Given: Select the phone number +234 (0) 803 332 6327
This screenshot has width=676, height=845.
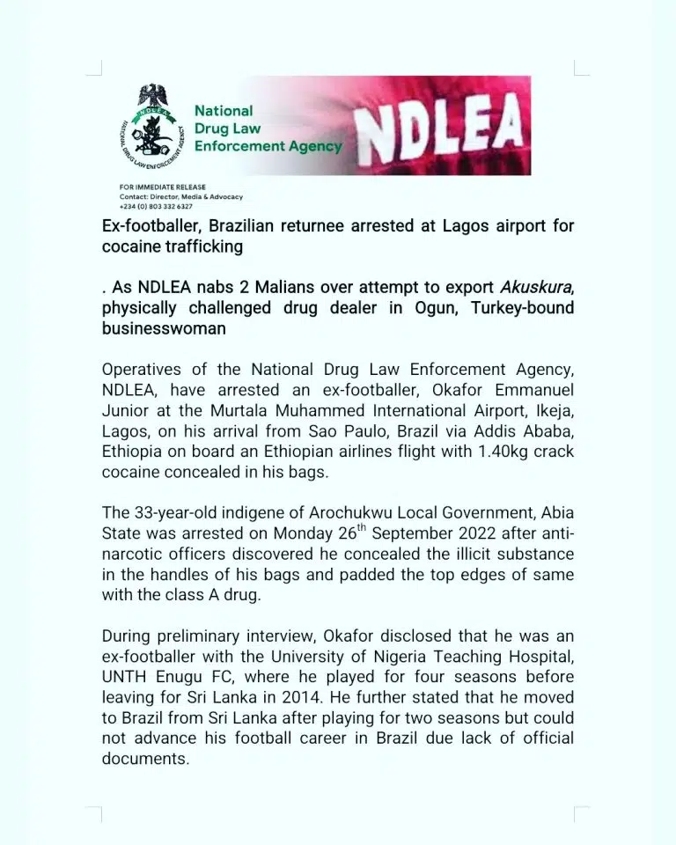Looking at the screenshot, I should point(156,205).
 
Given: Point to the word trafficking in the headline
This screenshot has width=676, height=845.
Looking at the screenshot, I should point(199,247).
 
